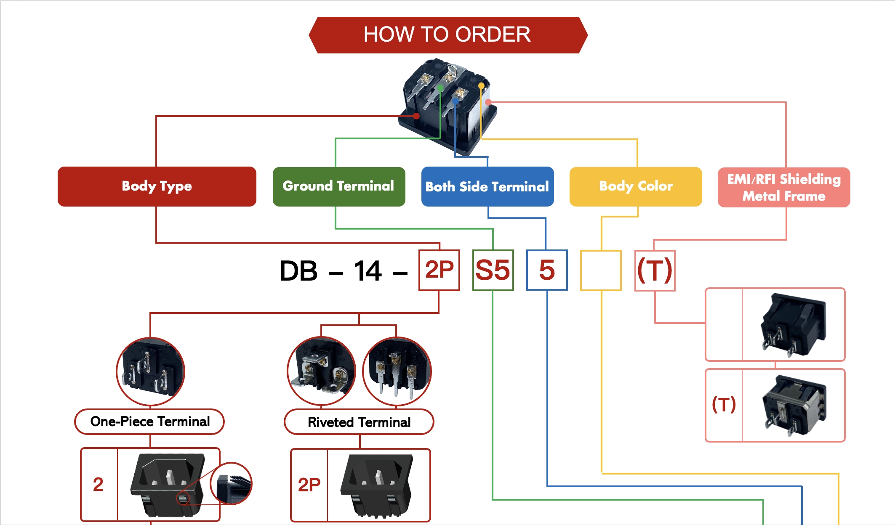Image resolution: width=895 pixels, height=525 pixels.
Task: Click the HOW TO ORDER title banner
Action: [447, 35]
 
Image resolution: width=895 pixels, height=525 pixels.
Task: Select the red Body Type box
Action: [157, 186]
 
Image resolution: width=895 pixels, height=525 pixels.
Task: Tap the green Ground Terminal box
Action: [338, 186]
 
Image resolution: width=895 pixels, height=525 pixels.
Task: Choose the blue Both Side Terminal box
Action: [487, 186]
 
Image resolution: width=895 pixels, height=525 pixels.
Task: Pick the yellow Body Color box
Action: [635, 186]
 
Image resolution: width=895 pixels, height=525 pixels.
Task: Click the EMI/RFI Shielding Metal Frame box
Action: [783, 187]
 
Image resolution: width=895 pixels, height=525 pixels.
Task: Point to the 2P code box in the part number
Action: [439, 270]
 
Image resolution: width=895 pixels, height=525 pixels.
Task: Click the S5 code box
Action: [493, 270]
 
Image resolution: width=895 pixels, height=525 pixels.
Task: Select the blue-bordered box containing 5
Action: [546, 270]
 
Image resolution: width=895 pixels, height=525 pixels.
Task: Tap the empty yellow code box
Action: [600, 270]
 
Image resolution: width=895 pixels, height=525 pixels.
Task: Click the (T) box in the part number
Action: [655, 270]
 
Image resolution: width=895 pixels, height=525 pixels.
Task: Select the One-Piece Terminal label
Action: [149, 422]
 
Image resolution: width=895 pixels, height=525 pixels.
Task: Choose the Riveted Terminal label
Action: [359, 422]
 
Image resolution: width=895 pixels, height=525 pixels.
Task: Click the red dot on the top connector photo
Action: [416, 116]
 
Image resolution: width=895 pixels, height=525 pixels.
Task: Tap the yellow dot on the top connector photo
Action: [481, 86]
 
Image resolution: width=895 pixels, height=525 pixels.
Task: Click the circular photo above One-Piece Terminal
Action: [150, 371]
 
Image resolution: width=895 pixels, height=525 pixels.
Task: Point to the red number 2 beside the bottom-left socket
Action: [98, 484]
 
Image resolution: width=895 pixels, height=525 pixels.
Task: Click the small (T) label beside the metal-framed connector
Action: [723, 405]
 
